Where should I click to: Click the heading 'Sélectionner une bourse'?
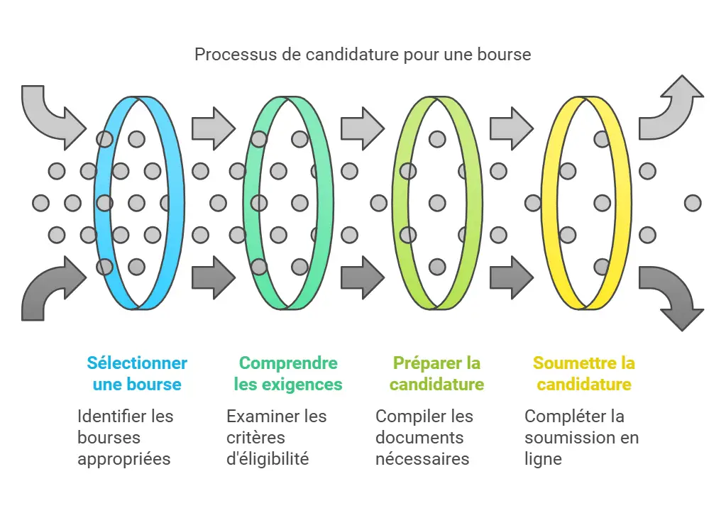[137, 374]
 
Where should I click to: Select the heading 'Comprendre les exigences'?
[288, 374]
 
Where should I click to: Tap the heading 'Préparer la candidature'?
[436, 374]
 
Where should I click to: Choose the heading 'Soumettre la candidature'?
[583, 374]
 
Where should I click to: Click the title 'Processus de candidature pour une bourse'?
[363, 55]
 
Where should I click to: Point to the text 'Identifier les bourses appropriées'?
[126, 437]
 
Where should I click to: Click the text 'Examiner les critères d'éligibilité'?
[276, 437]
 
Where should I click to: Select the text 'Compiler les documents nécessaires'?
[424, 437]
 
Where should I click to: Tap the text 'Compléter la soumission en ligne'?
[581, 437]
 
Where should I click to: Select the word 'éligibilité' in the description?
[268, 459]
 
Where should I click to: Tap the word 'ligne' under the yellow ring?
[543, 459]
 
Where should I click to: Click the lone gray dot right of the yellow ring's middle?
[693, 204]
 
